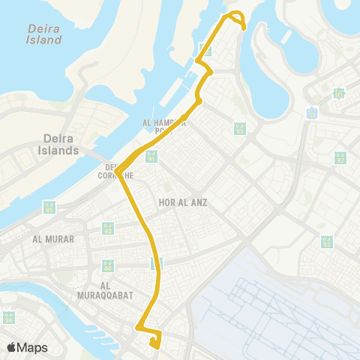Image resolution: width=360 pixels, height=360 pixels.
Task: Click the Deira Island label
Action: click(x=43, y=34)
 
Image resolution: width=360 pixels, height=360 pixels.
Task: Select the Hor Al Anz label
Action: click(x=182, y=202)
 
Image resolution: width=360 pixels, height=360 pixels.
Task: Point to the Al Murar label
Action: click(x=47, y=239)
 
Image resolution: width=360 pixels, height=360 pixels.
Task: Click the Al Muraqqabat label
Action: click(x=116, y=290)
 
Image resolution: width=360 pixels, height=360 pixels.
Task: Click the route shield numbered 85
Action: click(x=49, y=208)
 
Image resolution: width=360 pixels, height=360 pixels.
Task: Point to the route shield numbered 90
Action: click(x=9, y=317)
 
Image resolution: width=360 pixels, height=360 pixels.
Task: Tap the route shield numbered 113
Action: click(x=339, y=92)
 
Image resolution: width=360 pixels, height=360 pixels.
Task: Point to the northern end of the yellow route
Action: click(x=244, y=28)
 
